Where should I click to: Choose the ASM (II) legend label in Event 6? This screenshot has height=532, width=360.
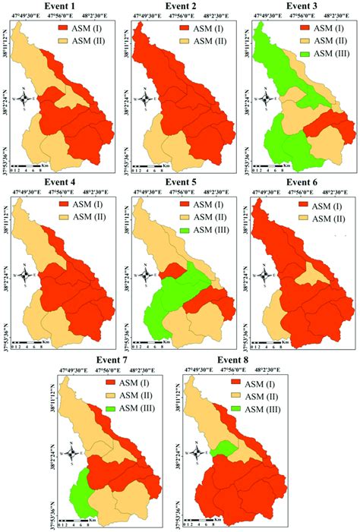pos(337,219)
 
